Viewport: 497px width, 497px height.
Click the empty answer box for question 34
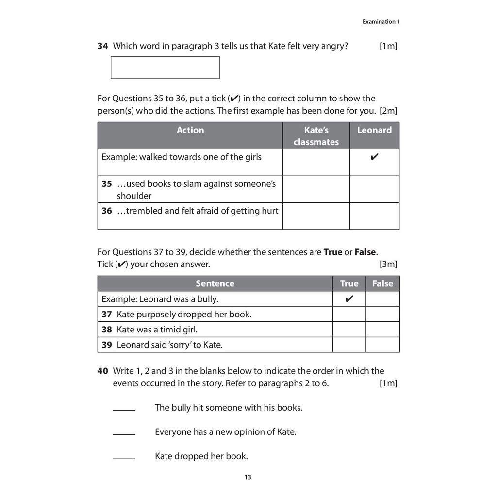tap(165, 67)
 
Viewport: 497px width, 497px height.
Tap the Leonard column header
tap(374, 130)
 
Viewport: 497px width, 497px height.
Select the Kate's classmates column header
tap(316, 136)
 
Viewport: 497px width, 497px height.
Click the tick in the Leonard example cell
tap(374, 157)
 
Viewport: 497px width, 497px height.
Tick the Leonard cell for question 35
tap(374, 189)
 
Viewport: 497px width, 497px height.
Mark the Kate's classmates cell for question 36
tap(316, 216)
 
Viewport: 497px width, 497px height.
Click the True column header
tap(349, 283)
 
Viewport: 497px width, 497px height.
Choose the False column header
tap(382, 283)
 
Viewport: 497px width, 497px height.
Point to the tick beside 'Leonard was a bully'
tap(348, 299)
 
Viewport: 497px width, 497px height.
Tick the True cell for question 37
tap(349, 314)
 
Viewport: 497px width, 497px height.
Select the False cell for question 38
tap(382, 330)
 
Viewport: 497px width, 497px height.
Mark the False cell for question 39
tap(382, 345)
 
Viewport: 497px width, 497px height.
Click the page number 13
tap(248, 477)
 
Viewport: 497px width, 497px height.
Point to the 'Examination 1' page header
tap(381, 22)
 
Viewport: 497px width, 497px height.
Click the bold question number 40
tap(102, 371)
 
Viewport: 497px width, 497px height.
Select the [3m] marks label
tap(388, 265)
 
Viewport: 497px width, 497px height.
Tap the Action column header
tap(190, 130)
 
